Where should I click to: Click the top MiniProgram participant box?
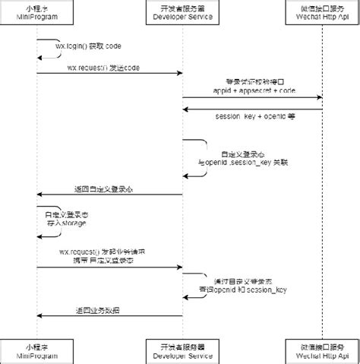(x=36, y=13)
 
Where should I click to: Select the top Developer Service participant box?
(x=182, y=13)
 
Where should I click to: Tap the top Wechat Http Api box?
(x=324, y=13)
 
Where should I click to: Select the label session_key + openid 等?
(x=254, y=116)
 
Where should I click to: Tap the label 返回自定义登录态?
(x=103, y=188)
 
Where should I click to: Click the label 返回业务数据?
(x=97, y=309)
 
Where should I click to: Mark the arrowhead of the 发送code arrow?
(x=178, y=74)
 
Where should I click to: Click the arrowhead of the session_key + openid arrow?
(x=185, y=109)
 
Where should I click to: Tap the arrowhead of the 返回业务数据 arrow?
(x=39, y=315)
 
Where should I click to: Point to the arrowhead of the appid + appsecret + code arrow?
(x=320, y=97)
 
